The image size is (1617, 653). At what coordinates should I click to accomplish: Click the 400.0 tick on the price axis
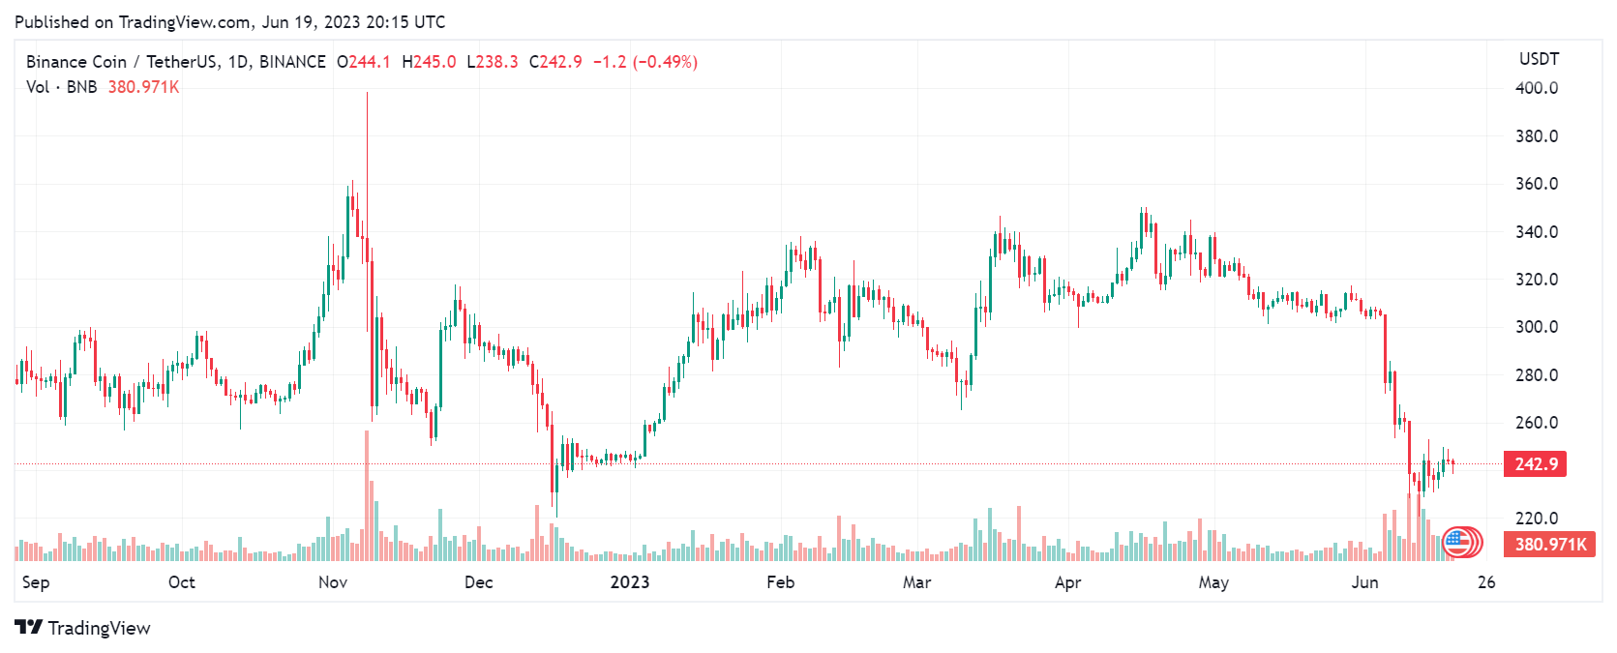[1536, 88]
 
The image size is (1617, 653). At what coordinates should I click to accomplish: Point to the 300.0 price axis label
[1536, 327]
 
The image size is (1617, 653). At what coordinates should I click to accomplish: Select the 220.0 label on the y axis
[1536, 519]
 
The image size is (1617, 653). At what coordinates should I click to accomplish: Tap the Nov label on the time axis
[333, 582]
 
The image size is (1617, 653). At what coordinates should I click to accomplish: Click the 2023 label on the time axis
[629, 582]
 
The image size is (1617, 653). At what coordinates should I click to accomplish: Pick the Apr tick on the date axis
[1067, 582]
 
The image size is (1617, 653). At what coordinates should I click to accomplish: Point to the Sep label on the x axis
[36, 582]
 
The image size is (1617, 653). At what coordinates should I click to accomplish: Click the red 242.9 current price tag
[1535, 464]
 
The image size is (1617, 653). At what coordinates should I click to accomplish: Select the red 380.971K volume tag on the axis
[1550, 545]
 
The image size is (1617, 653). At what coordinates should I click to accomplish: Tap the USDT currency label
[1539, 59]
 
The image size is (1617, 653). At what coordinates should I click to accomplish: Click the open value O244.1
[364, 62]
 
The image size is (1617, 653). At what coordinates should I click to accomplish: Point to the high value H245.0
[429, 62]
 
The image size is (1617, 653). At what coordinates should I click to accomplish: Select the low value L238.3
[493, 62]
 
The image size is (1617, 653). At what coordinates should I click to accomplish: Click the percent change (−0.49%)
[665, 62]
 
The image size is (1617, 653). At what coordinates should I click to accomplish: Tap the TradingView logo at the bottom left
[83, 628]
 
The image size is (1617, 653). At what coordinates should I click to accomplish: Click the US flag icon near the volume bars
[1458, 542]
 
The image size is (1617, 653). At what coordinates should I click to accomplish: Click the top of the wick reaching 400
[367, 94]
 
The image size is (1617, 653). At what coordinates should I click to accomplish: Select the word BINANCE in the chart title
[292, 62]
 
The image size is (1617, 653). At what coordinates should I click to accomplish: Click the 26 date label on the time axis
[1486, 582]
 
